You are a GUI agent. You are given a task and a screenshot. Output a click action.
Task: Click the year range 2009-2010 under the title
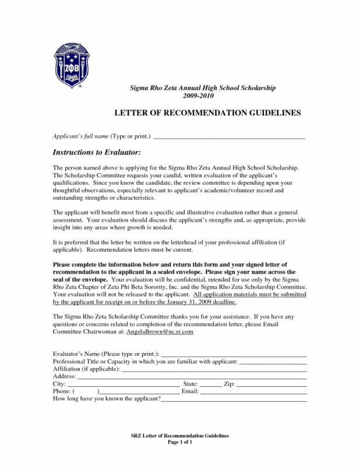click(202, 96)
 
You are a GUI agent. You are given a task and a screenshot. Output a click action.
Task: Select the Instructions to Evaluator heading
click(97, 152)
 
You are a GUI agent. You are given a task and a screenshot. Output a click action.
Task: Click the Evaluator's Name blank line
click(234, 355)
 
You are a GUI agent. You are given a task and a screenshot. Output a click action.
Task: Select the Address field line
click(192, 377)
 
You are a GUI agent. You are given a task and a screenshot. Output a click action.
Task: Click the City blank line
click(123, 385)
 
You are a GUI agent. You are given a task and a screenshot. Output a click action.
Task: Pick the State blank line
click(211, 385)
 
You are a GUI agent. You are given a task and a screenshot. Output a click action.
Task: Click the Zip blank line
click(271, 385)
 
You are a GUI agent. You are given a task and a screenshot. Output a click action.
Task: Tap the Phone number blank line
click(140, 393)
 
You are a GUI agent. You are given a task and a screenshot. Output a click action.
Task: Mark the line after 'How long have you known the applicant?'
click(234, 400)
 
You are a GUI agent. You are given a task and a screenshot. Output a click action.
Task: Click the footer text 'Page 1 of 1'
click(179, 442)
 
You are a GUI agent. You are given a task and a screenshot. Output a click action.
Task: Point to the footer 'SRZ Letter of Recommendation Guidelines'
click(179, 436)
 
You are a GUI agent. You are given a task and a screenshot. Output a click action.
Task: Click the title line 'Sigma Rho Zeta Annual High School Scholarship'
click(202, 87)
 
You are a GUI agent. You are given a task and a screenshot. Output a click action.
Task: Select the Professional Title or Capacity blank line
click(273, 362)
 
